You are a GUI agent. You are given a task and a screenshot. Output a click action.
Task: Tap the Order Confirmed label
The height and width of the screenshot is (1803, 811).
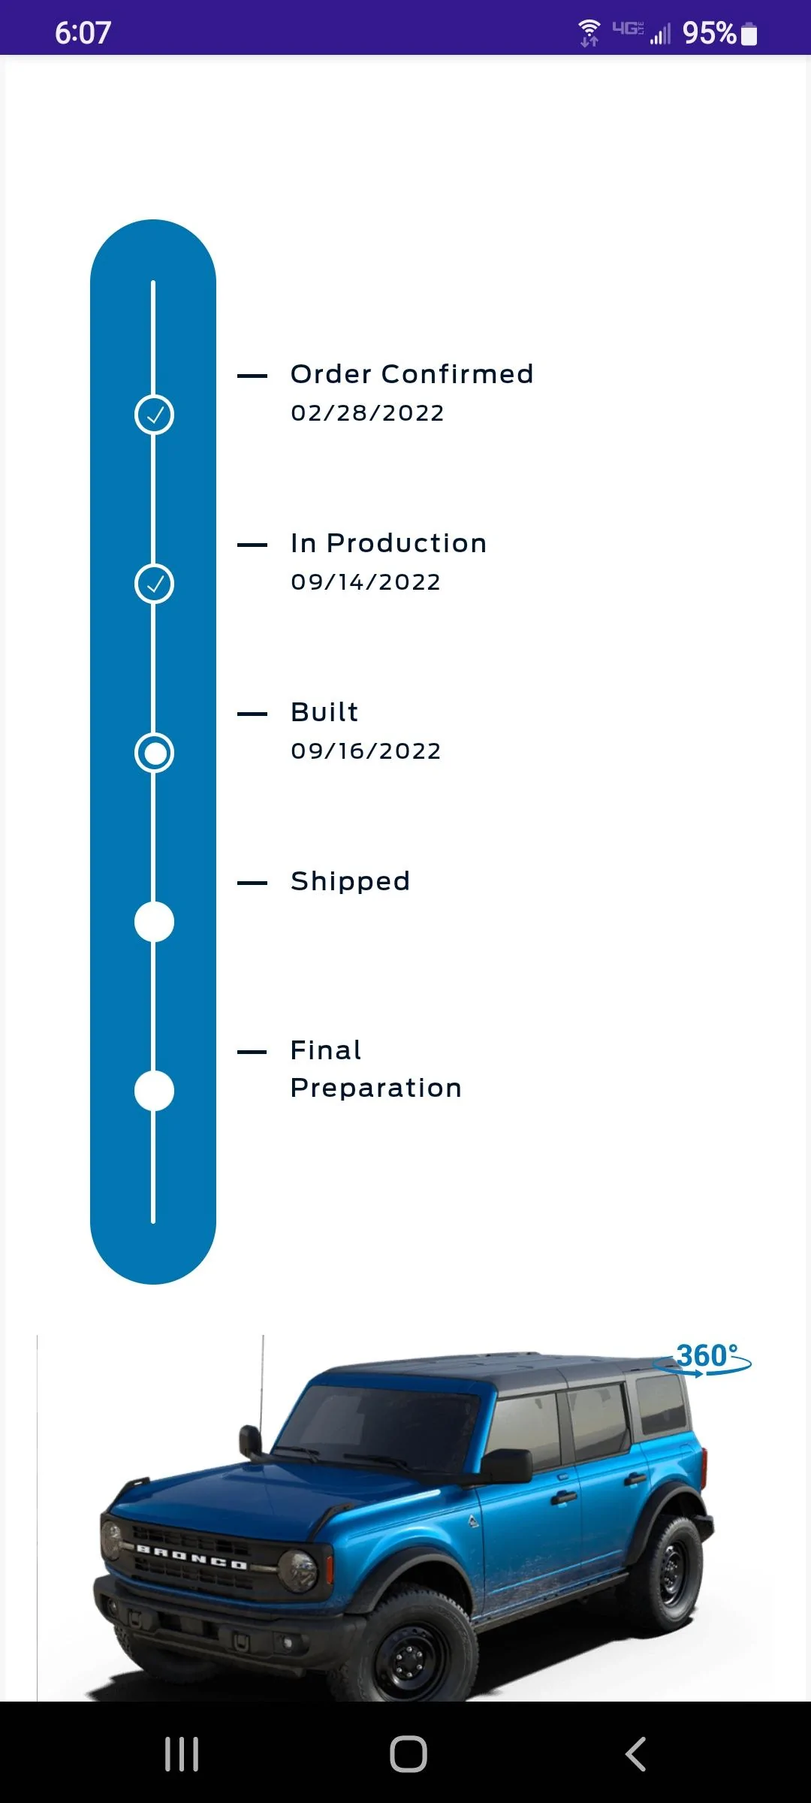(x=412, y=374)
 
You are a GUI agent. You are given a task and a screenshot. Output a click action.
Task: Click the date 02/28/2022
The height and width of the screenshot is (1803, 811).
(x=368, y=413)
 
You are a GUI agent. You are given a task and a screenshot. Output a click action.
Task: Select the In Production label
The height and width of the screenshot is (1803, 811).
(x=389, y=543)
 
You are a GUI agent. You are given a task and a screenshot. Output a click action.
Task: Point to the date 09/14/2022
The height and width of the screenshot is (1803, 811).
(x=366, y=582)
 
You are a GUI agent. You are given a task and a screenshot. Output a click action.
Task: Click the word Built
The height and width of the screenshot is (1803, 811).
(x=324, y=712)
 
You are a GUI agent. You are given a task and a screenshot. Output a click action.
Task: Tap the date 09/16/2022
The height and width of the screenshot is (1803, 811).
(x=366, y=751)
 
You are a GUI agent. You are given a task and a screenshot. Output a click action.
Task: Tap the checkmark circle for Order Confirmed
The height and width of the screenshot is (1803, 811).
(x=154, y=415)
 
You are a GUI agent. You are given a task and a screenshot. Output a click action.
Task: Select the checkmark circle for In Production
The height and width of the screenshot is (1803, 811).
(x=154, y=584)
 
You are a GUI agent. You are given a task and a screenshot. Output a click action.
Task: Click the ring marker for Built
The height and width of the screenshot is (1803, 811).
(x=154, y=753)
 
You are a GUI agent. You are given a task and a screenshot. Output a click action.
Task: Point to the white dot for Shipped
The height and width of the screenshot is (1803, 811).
(x=154, y=922)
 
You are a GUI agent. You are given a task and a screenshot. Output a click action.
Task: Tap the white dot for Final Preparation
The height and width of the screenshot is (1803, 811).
(x=154, y=1091)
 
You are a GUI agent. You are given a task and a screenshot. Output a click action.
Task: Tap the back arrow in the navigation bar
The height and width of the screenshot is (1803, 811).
(x=635, y=1754)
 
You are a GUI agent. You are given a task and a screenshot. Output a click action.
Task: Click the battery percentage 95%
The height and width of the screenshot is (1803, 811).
(x=709, y=33)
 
